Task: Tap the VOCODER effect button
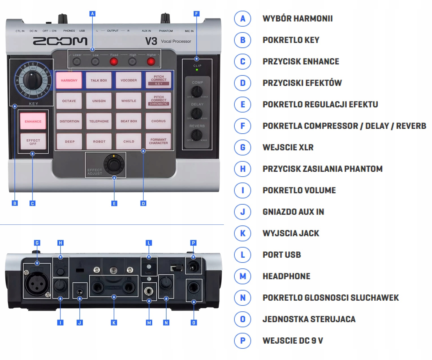coord(129,80)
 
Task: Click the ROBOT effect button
coord(99,141)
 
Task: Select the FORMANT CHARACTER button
coord(158,141)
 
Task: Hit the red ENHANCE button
coord(33,121)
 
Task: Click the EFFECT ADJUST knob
coord(114,164)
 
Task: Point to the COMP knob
coord(197,91)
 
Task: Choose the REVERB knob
coord(197,135)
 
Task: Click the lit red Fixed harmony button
coord(114,61)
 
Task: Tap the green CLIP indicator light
coord(197,70)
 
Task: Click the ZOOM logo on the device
coord(60,41)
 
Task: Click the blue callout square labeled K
coord(114,323)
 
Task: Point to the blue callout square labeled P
coord(193,243)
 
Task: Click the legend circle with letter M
coord(243,276)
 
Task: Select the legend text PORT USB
coord(282,255)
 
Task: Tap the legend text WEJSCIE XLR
coord(288,147)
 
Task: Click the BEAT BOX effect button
coord(129,121)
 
